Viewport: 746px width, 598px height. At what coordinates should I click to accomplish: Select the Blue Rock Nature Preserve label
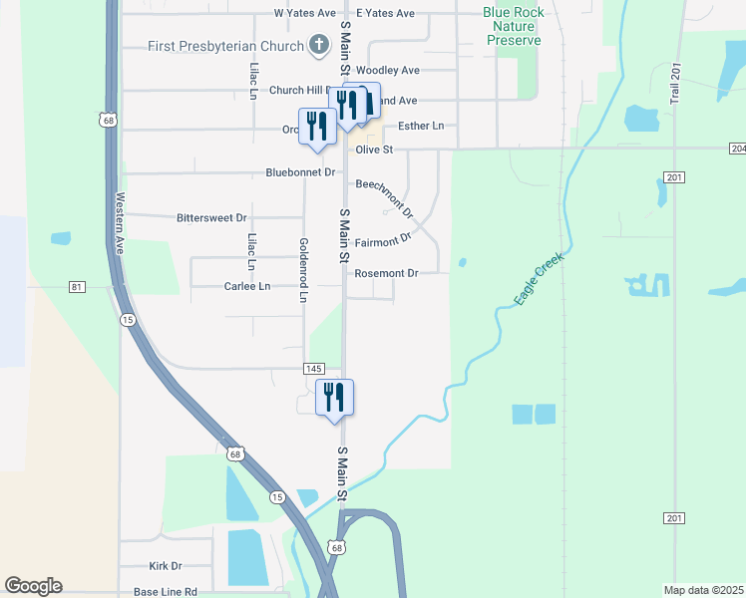point(513,27)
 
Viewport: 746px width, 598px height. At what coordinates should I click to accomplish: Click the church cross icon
point(318,45)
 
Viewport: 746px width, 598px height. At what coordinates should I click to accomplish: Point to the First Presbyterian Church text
point(225,46)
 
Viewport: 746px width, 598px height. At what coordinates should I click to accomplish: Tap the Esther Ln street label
point(420,127)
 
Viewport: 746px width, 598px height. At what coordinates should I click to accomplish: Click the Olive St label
point(375,149)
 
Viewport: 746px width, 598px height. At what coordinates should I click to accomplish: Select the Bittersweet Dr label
point(210,217)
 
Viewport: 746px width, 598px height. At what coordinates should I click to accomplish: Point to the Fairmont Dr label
point(383,240)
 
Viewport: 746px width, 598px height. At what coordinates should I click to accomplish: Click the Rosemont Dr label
point(386,273)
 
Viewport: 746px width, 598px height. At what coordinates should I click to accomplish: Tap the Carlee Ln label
point(246,286)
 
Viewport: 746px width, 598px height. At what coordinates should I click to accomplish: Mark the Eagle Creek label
point(539,278)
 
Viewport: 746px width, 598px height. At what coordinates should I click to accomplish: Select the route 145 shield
point(314,369)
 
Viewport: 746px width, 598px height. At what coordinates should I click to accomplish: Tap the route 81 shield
point(77,287)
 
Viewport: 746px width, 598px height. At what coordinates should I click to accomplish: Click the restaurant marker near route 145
point(335,398)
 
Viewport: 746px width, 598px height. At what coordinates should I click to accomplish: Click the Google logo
point(33,586)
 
